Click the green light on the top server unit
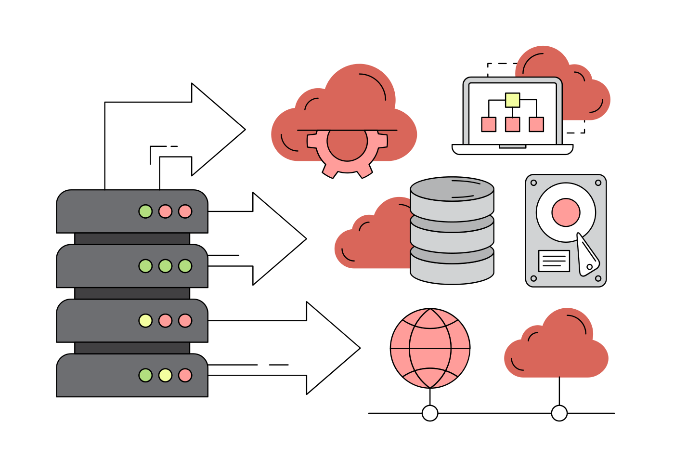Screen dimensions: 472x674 145,211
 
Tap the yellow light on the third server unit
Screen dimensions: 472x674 145,321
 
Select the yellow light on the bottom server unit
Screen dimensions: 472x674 165,375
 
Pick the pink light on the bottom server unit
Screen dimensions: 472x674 185,375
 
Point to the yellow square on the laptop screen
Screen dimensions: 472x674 513,100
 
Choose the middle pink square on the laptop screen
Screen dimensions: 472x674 513,124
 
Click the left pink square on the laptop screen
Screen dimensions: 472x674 489,124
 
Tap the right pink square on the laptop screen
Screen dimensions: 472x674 536,124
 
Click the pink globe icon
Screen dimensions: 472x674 430,348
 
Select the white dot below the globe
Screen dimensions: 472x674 430,413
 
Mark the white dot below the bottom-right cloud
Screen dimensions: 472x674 559,413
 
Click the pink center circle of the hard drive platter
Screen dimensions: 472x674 566,212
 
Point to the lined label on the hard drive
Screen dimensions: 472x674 554,261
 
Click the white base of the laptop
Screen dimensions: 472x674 513,150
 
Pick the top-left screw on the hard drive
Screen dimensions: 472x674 533,183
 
